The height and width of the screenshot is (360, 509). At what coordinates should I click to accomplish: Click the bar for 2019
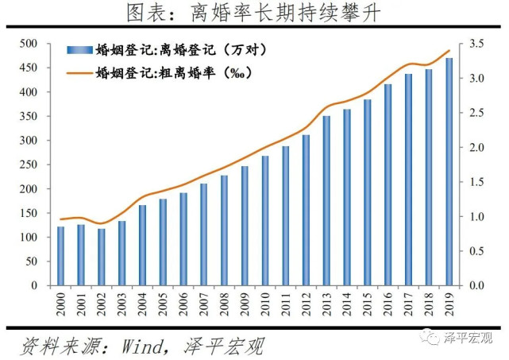(449, 172)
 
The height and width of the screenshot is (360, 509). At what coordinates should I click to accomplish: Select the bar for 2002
(102, 257)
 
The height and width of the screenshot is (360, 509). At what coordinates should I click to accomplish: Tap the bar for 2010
(265, 220)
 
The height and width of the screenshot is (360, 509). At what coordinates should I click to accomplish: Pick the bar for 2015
(368, 192)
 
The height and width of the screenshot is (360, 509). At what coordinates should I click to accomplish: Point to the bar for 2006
(183, 238)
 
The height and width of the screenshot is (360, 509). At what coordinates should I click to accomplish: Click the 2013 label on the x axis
(327, 304)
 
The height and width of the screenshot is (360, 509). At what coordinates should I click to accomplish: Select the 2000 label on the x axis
(61, 304)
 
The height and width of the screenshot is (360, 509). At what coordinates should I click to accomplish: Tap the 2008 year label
(225, 304)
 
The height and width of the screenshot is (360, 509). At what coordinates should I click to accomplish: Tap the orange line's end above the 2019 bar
(449, 51)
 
